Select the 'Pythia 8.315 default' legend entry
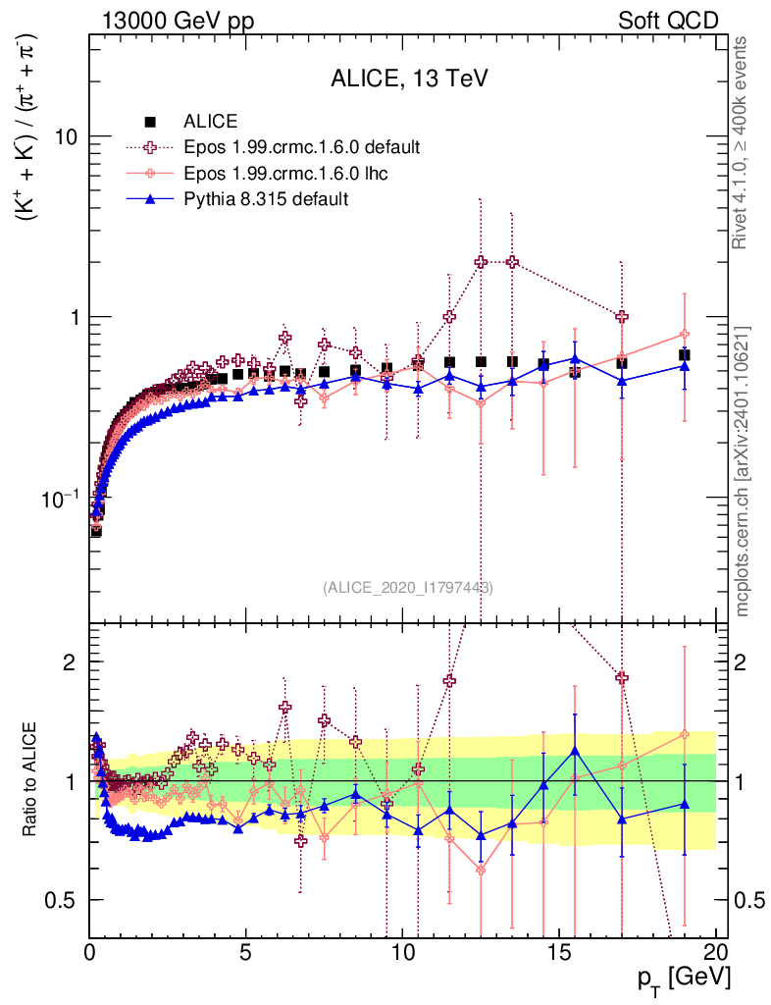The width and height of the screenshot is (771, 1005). [266, 199]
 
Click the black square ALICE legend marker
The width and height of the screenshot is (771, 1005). [150, 122]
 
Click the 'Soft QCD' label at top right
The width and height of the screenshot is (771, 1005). [668, 21]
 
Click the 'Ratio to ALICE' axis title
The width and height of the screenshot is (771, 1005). [33, 779]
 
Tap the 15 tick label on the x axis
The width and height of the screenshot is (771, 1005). [559, 951]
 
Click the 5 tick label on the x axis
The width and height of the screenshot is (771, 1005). [246, 951]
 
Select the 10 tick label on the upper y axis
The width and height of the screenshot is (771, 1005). [65, 136]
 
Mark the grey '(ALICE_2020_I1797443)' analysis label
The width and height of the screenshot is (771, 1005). [408, 588]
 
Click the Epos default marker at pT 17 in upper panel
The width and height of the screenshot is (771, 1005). [622, 316]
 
